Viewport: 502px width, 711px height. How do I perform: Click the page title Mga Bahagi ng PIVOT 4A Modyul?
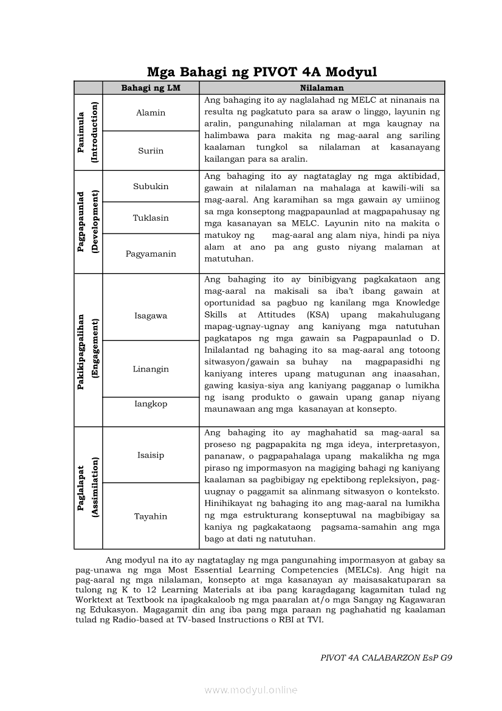[262, 72]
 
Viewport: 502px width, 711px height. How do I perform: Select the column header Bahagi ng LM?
[151, 88]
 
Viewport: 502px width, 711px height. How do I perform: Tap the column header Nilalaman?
[321, 88]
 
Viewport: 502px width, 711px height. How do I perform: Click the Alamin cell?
[151, 113]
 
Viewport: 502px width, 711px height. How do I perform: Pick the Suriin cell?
[151, 151]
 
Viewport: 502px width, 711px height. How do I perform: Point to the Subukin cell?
[151, 186]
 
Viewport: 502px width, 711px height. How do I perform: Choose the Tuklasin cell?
[151, 218]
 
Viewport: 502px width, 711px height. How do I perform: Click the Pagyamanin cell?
[151, 254]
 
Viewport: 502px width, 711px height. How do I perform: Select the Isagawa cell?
[151, 316]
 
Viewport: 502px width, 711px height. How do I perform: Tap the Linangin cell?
[151, 369]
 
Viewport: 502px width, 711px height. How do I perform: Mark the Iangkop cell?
[151, 404]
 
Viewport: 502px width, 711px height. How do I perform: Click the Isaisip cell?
[151, 455]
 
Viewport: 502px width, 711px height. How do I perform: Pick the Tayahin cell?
[151, 516]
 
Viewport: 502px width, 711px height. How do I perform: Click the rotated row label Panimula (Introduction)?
[88, 132]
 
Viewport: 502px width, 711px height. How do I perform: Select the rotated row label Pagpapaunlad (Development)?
[88, 221]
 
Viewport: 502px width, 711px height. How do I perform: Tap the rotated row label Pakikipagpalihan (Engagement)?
[88, 350]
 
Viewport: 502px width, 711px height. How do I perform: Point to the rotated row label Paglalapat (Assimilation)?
[88, 488]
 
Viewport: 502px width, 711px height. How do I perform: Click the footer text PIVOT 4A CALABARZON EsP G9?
[386, 657]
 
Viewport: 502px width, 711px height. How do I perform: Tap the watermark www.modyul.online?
[251, 690]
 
